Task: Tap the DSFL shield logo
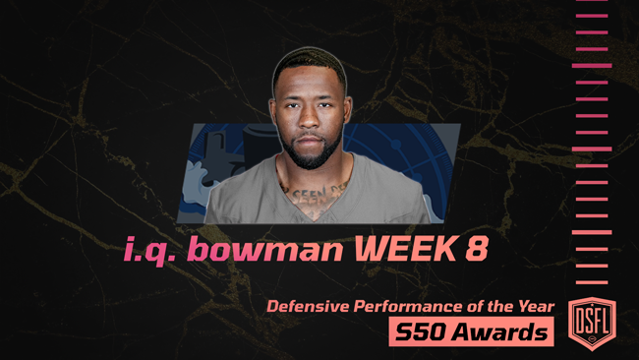(x=592, y=318)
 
